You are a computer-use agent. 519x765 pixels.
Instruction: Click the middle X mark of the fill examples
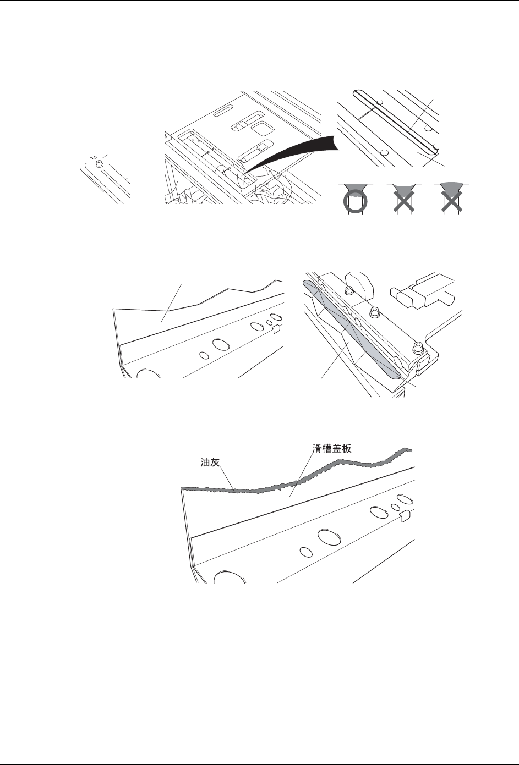[x=401, y=199]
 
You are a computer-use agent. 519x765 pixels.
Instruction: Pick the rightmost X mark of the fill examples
[x=450, y=199]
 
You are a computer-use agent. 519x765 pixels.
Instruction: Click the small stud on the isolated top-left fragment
[x=100, y=162]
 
